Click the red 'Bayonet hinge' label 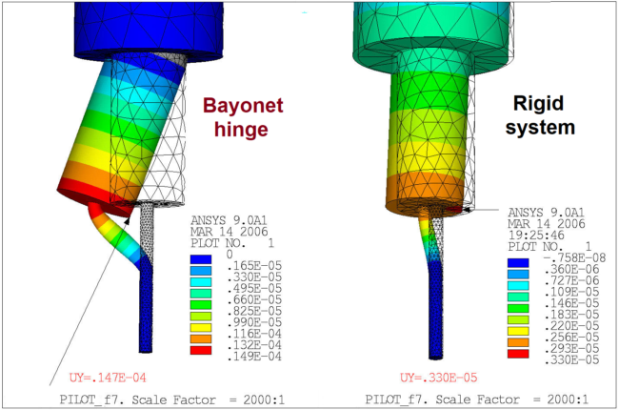[243, 117]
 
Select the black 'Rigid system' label [539, 115]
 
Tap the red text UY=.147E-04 [108, 378]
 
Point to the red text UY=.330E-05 [438, 378]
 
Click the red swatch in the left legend [201, 350]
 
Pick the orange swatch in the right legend [518, 342]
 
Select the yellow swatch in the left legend [201, 328]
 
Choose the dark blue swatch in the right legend [518, 263]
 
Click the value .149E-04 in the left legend [254, 357]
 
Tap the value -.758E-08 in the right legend [574, 258]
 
